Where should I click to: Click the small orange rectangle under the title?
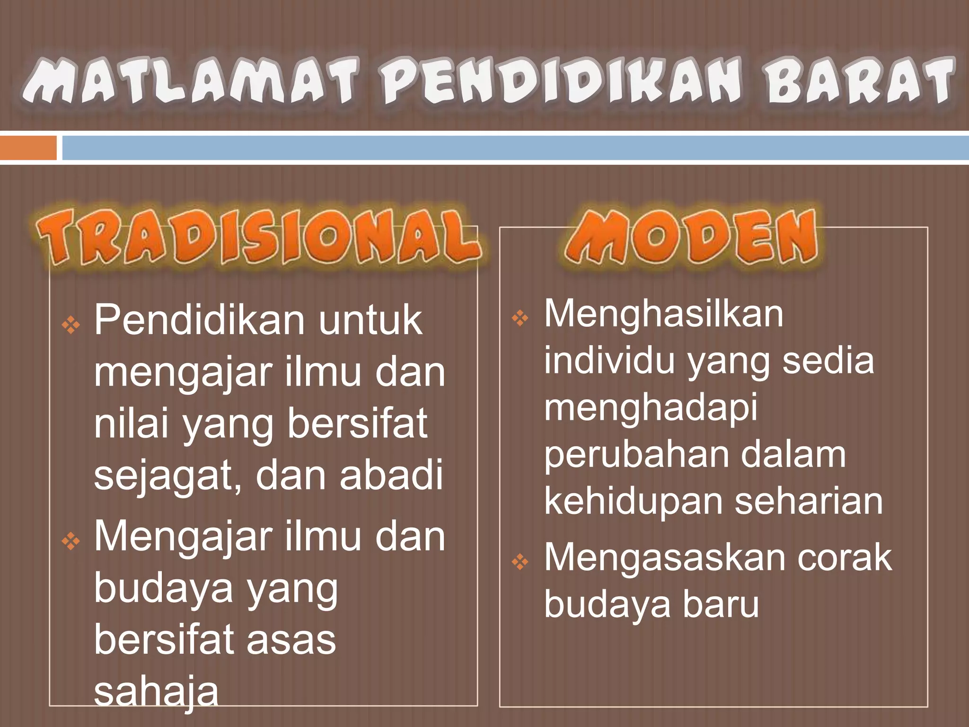coord(28,148)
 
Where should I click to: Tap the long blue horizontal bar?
coord(515,148)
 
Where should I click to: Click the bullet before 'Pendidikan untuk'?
coord(71,325)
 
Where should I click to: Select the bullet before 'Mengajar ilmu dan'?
coord(71,541)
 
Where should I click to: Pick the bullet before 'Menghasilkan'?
coord(520,318)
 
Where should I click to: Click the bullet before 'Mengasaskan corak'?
coord(520,562)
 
